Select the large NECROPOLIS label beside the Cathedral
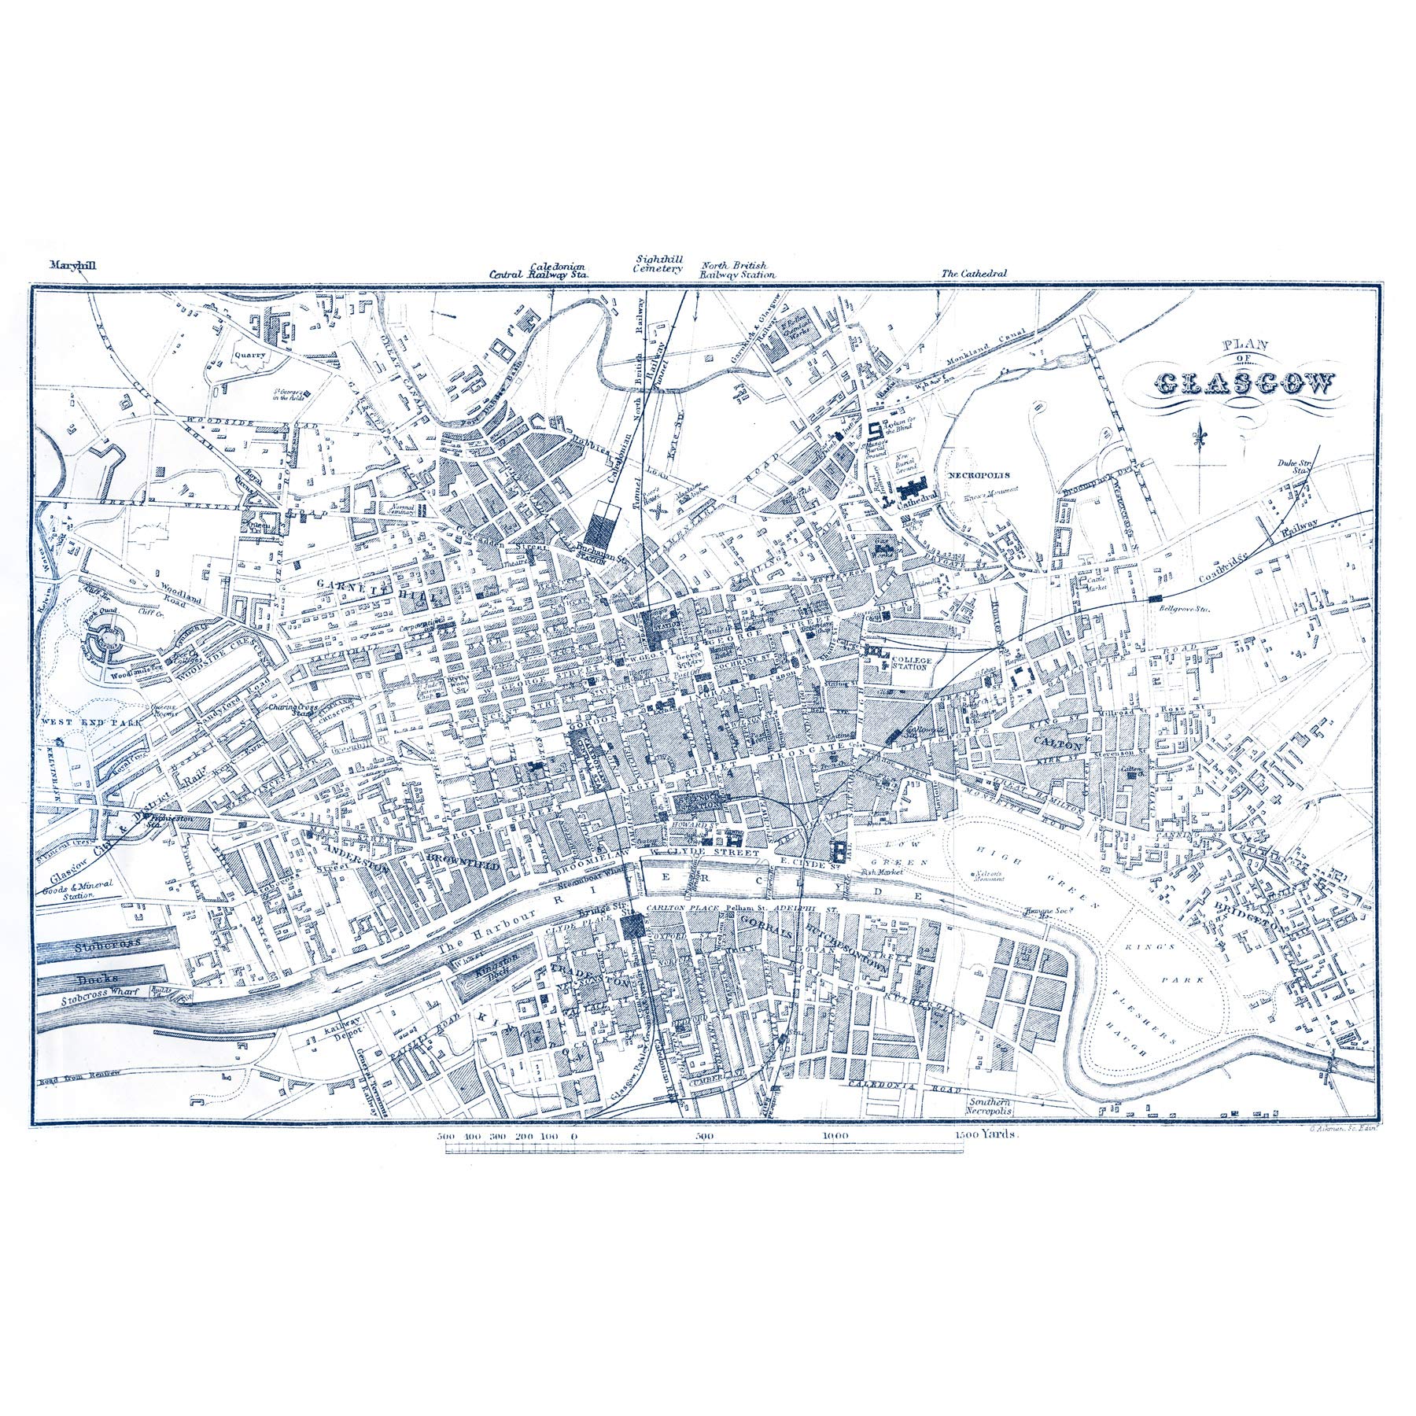978,475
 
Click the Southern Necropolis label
993,1105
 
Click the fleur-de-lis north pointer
1199,437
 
